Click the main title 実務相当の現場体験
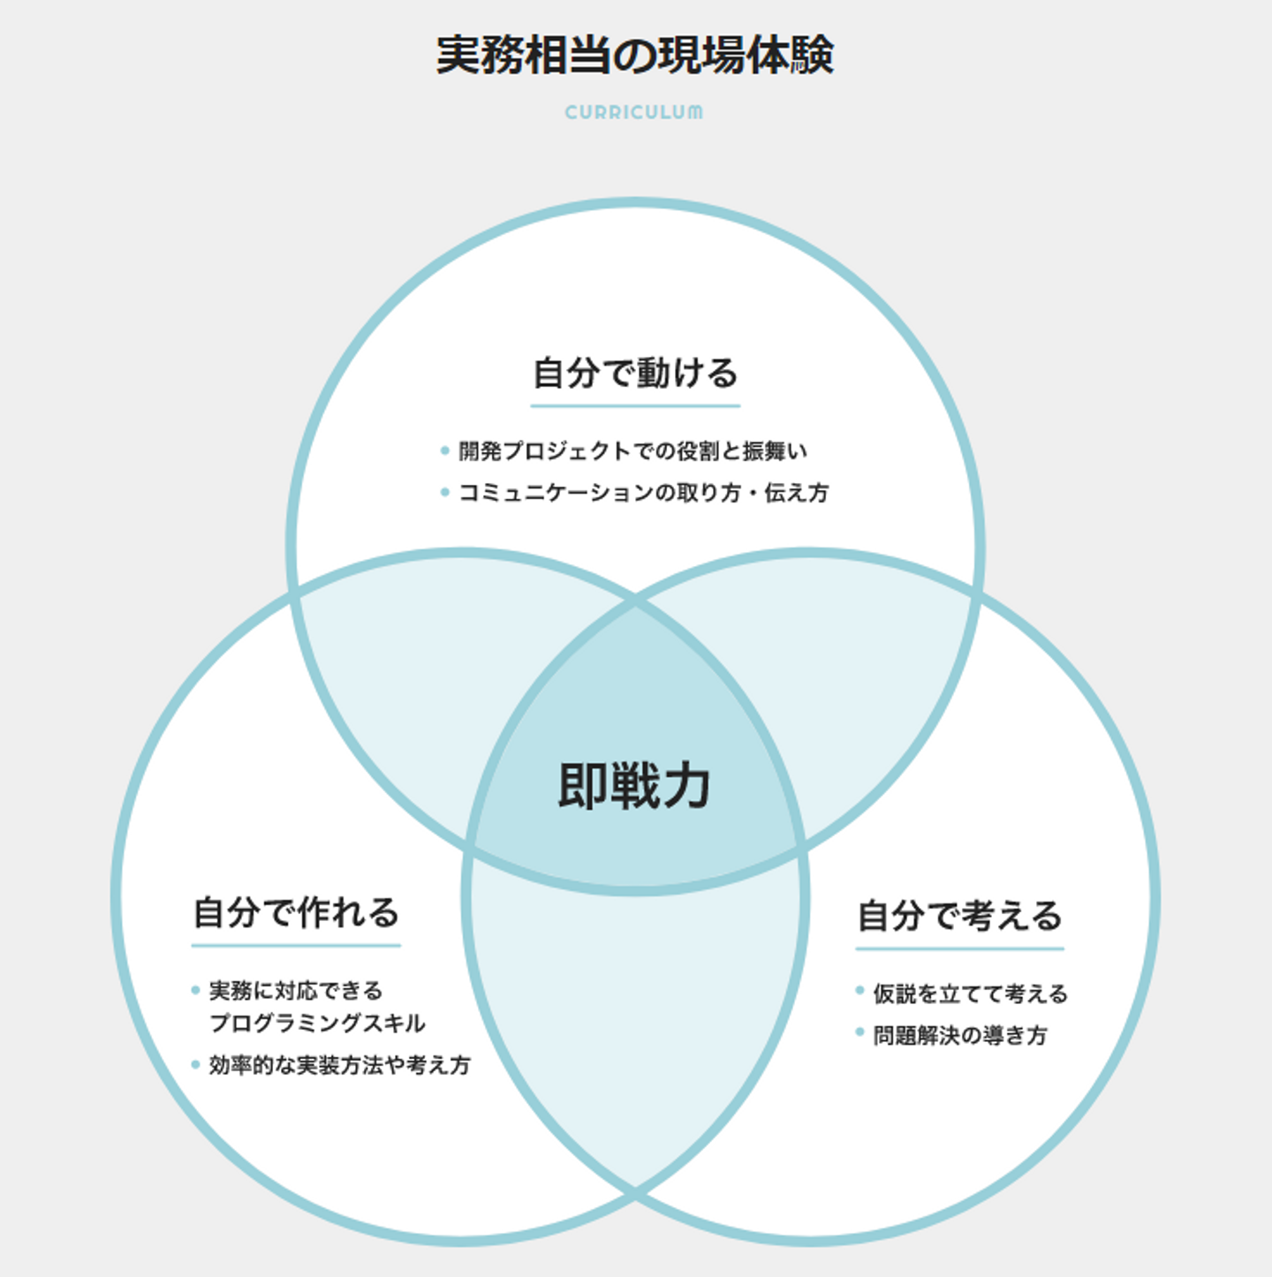click(635, 55)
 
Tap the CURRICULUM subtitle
click(634, 112)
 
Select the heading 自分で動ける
click(635, 373)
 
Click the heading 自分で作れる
click(296, 912)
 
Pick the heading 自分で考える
click(959, 916)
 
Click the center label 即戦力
click(634, 785)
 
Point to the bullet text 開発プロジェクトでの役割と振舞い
click(632, 451)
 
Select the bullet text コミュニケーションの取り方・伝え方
click(643, 493)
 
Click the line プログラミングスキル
click(317, 1023)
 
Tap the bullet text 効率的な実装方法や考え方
click(339, 1065)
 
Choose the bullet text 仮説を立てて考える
click(970, 994)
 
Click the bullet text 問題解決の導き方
click(960, 1035)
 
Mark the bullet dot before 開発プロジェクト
click(445, 451)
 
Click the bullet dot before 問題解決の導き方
click(859, 1032)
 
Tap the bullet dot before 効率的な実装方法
click(195, 1064)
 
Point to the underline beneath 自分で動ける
click(635, 406)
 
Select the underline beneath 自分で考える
click(959, 949)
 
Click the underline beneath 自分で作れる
click(296, 946)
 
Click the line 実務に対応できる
click(296, 991)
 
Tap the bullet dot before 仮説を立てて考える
click(859, 991)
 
